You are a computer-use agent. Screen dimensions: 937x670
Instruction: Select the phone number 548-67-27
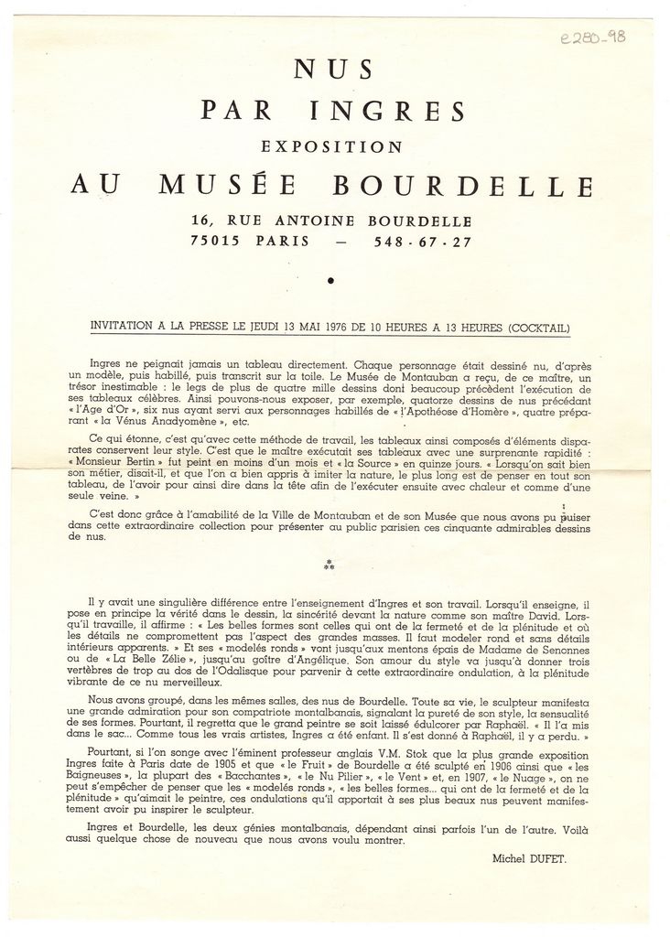(424, 242)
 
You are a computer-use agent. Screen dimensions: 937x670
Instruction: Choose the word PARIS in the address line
(283, 242)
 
